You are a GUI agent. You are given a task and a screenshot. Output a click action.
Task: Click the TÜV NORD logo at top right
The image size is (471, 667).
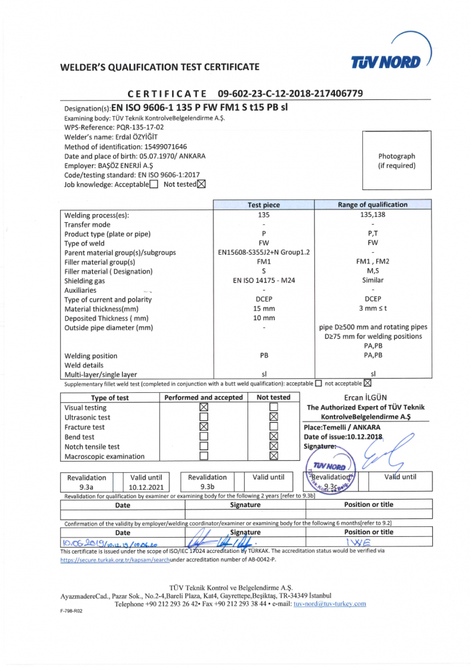tap(389, 61)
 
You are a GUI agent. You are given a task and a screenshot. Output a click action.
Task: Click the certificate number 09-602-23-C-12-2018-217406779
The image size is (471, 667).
tap(290, 93)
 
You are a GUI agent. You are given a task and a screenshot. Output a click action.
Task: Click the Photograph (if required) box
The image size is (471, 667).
tap(396, 160)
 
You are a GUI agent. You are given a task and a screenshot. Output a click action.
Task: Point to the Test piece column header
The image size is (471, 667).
tap(264, 205)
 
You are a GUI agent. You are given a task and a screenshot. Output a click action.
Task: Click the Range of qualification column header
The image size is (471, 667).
tap(373, 205)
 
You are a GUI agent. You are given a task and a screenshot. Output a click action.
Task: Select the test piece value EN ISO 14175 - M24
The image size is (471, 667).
tap(264, 281)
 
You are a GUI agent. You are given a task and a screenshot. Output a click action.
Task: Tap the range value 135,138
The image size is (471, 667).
tap(373, 215)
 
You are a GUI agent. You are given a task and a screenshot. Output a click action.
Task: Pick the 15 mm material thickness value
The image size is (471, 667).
tap(264, 309)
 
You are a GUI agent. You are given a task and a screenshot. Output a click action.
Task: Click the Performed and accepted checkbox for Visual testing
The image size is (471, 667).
tap(204, 407)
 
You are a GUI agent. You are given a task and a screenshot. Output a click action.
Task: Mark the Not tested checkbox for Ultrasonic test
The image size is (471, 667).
tap(274, 417)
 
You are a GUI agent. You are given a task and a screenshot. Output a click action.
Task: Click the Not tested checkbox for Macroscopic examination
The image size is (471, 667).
tap(274, 456)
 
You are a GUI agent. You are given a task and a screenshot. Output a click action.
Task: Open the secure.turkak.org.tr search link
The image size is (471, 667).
tap(115, 560)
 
